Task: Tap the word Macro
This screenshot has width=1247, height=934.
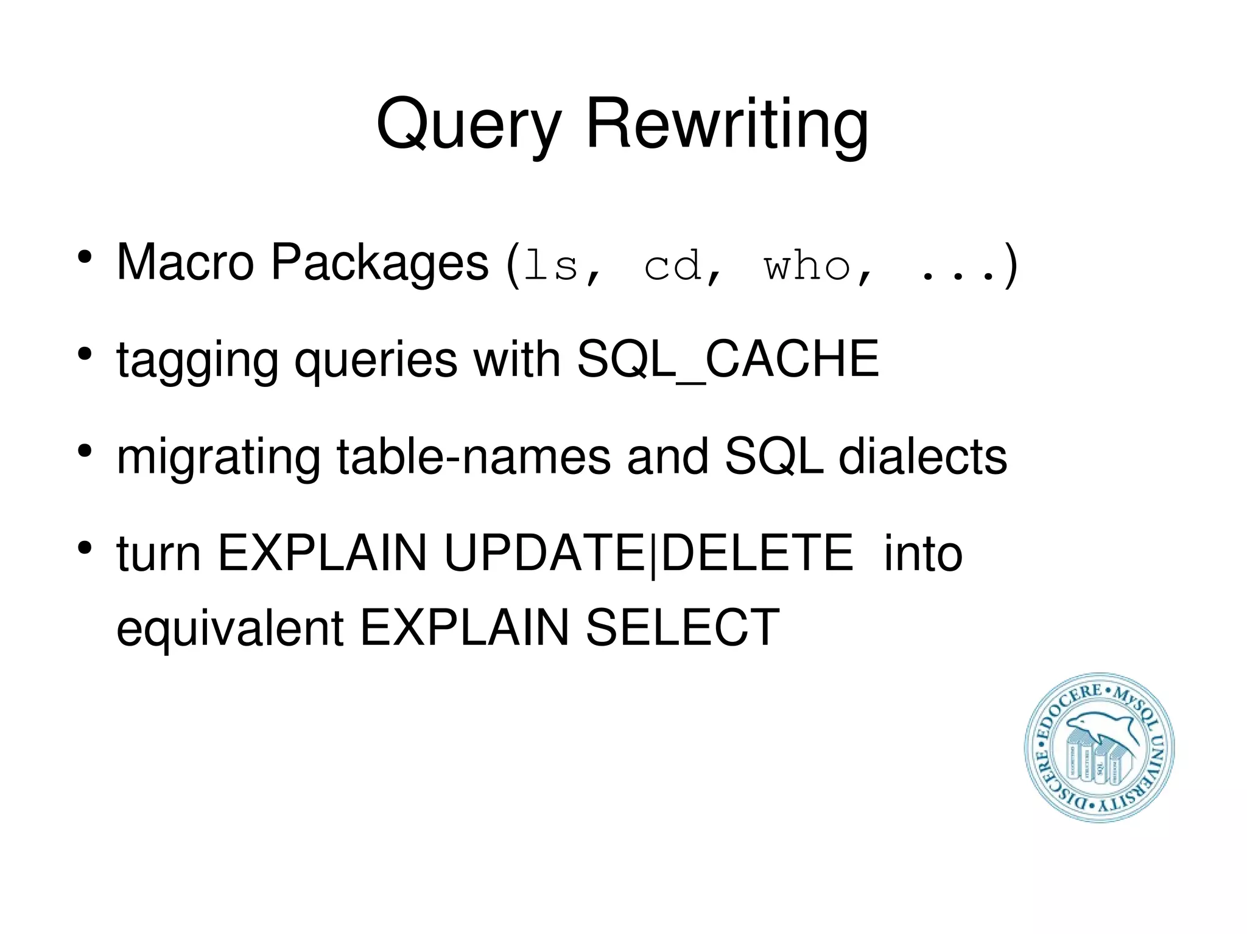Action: (x=185, y=262)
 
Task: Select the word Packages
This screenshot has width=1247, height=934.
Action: (x=379, y=263)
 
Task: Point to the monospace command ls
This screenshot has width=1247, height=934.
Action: (x=551, y=267)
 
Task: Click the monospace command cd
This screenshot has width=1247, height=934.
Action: (x=672, y=267)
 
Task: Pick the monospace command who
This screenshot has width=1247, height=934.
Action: (x=807, y=267)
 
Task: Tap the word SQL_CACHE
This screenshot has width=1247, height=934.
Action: (x=728, y=359)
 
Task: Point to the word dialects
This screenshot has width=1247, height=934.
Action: (x=922, y=456)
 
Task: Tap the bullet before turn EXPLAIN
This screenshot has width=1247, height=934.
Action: (x=85, y=548)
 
